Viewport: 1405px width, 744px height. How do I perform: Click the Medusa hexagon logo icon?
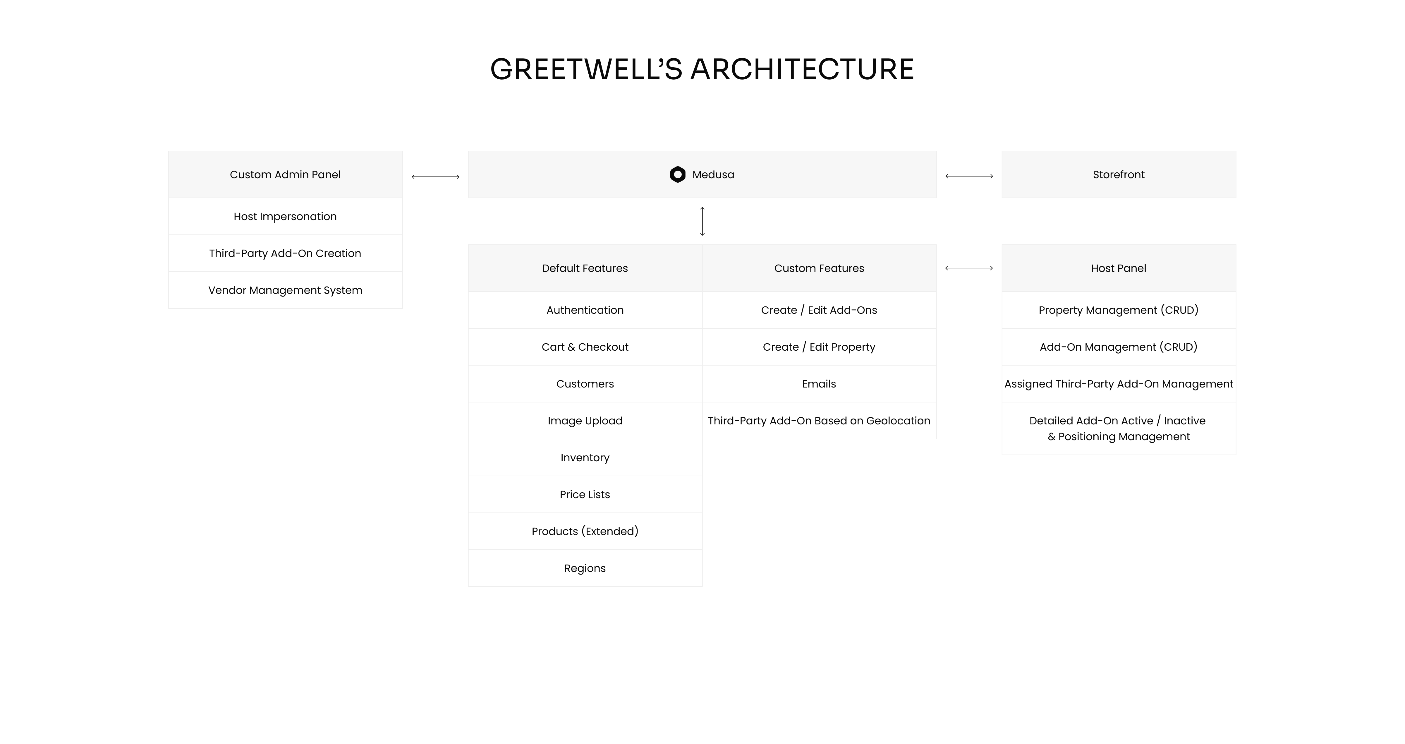tap(677, 174)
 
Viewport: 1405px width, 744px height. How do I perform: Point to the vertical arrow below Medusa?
tap(702, 222)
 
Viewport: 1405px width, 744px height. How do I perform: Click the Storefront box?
tap(1119, 174)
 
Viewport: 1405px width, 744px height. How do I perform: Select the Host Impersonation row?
tap(285, 217)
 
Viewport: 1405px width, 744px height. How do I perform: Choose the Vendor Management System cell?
tap(285, 290)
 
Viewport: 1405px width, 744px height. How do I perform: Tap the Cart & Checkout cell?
tap(585, 347)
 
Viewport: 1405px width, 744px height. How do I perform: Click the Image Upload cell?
tap(585, 421)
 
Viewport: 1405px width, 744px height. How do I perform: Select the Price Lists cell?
tap(585, 494)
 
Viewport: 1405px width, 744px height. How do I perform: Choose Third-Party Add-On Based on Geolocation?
tap(819, 421)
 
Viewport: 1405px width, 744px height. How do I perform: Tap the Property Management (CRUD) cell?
tap(1119, 310)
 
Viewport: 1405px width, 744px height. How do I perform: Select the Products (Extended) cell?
tap(585, 531)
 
